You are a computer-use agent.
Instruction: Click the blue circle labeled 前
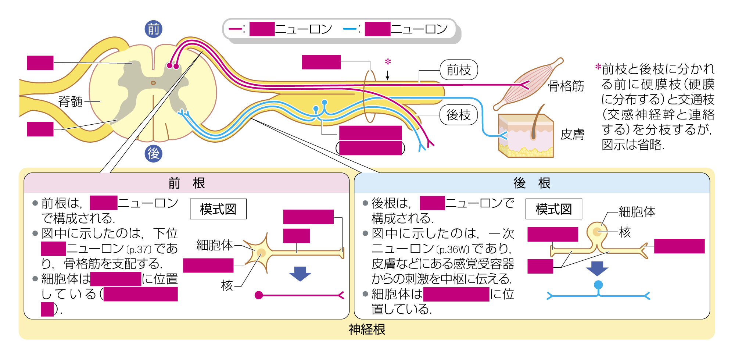pos(153,29)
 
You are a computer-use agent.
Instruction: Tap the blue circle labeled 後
pos(153,153)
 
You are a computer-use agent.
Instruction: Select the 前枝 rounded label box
pos(459,70)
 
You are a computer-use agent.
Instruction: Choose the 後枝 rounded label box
pos(458,115)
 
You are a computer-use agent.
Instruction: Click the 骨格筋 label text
pos(566,86)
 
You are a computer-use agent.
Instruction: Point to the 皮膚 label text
pos(572,134)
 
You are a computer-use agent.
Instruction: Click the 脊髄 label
pos(70,101)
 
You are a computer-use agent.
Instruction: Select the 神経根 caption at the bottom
pos(367,329)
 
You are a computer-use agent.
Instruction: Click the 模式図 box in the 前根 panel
pos(218,209)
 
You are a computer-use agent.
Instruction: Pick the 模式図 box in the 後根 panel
pos(553,209)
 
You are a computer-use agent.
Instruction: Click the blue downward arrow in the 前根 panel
pos(300,274)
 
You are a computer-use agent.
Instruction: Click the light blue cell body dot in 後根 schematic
pos(598,285)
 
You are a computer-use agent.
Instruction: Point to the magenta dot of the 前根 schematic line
pos(259,295)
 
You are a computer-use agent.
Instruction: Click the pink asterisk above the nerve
pos(388,62)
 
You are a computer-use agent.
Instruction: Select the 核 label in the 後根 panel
pos(625,232)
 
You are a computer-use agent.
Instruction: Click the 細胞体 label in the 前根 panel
pos(214,245)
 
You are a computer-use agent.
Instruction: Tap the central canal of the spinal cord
pos(153,83)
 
